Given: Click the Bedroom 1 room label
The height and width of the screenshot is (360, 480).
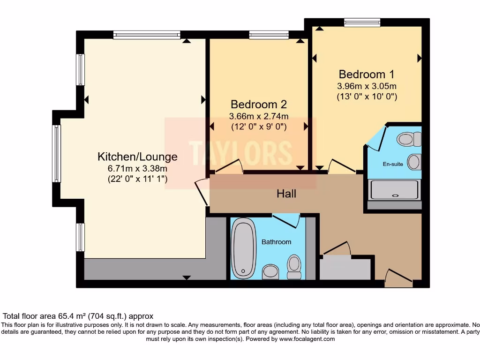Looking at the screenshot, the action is (367, 75).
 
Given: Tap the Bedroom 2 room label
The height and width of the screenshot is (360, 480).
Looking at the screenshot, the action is (259, 105).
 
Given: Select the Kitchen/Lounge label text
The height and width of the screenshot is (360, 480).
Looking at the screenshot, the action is (137, 157).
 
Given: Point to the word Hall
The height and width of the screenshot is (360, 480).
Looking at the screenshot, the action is (286, 194).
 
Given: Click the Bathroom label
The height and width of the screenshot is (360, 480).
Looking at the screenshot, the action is (276, 242).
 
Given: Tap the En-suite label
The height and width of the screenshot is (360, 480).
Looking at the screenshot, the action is (393, 164).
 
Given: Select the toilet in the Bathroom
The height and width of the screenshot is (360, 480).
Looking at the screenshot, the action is (294, 267).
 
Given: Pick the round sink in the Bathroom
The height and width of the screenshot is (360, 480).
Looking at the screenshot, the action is (270, 271).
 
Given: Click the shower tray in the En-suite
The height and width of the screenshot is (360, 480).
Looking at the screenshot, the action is (394, 190).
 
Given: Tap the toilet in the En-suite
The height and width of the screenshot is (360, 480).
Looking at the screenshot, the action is (409, 139).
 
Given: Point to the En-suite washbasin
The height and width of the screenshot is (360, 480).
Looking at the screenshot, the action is (414, 162).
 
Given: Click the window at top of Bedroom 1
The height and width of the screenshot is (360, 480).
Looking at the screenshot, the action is (362, 22).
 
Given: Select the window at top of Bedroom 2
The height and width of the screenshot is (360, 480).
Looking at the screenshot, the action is (269, 35).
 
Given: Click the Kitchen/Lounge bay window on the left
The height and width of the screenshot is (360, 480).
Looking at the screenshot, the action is (57, 153).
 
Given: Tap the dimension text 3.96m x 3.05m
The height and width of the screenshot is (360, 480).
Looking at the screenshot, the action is (367, 86).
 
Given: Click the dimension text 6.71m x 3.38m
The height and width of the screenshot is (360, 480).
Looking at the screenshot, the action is (137, 168).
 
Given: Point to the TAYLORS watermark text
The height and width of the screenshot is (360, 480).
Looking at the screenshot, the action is (240, 153).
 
